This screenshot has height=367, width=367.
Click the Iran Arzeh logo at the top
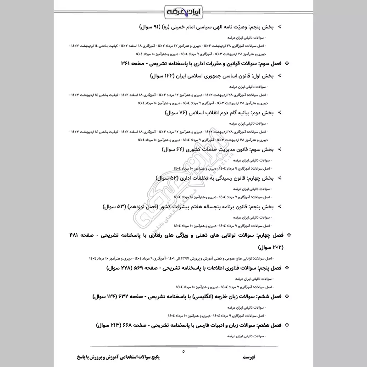(x=183, y=10)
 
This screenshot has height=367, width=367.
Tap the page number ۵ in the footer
(x=183, y=351)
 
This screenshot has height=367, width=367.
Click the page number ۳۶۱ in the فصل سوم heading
(x=125, y=63)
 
